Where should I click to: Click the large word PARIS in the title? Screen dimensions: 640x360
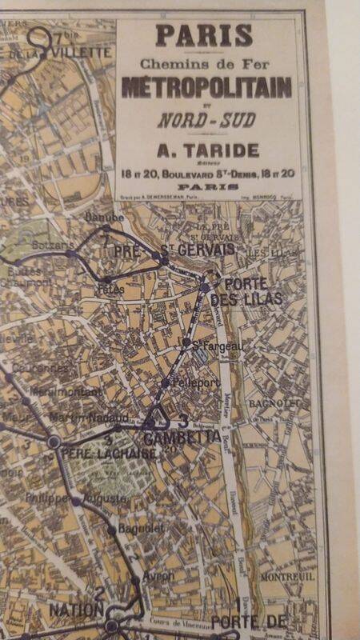pyautogui.click(x=204, y=36)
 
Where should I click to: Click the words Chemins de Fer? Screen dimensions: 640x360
pyautogui.click(x=205, y=63)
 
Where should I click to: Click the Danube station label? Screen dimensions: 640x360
pyautogui.click(x=110, y=218)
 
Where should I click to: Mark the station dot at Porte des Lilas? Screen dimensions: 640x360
pyautogui.click(x=206, y=286)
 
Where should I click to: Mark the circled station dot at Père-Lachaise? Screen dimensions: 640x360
pyautogui.click(x=54, y=442)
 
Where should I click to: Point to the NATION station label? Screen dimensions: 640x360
pyautogui.click(x=76, y=610)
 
